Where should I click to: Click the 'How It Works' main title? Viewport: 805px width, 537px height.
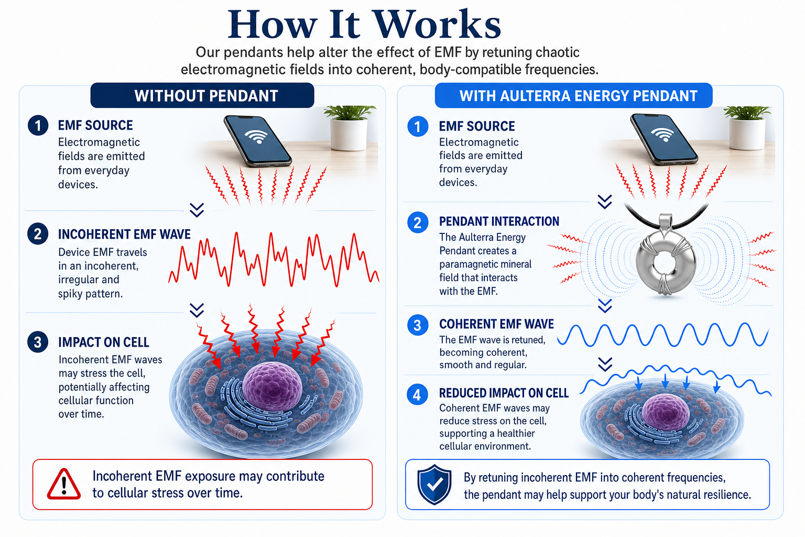(364, 25)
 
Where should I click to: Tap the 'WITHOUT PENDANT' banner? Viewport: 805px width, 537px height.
(202, 95)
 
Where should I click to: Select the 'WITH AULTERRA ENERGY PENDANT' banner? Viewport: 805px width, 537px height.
(573, 95)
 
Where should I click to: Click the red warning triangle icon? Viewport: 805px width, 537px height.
(64, 484)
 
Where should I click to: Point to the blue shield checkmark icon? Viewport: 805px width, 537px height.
(434, 484)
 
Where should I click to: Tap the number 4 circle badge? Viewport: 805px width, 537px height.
(417, 394)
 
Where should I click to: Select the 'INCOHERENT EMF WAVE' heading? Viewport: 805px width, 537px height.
(124, 234)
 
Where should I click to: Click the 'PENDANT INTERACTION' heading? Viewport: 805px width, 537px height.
(499, 221)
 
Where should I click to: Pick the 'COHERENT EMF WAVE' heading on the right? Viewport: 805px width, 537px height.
(496, 325)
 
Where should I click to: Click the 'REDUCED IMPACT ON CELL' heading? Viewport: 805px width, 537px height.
(504, 393)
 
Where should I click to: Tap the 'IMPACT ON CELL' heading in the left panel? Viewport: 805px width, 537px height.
(103, 342)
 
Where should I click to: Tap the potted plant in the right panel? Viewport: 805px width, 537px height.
(747, 127)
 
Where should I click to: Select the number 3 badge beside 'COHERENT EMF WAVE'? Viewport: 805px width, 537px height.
(418, 325)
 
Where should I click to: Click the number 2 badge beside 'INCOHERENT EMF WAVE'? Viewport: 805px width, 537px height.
(38, 234)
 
